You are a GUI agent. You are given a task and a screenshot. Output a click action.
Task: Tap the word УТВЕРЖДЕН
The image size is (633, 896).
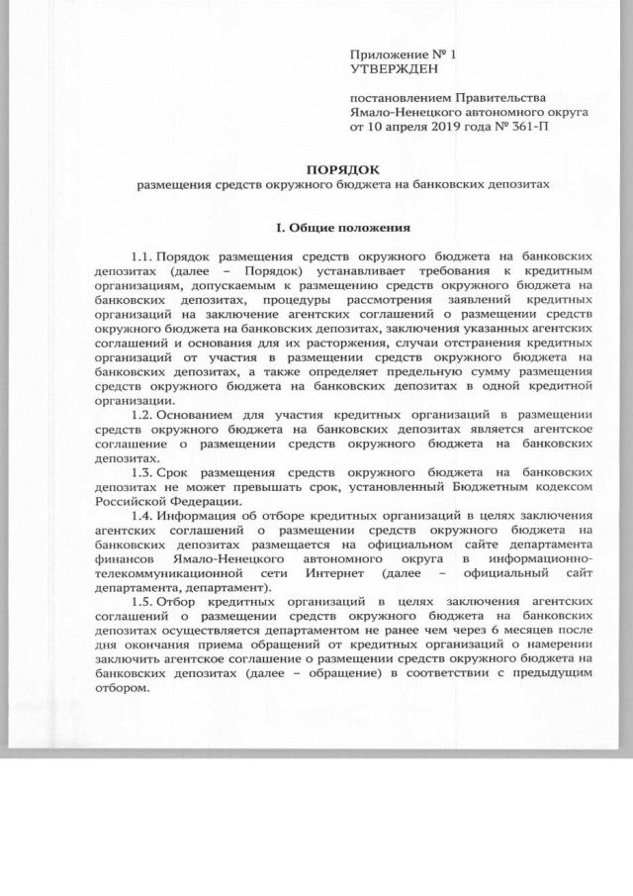pyautogui.click(x=393, y=68)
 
